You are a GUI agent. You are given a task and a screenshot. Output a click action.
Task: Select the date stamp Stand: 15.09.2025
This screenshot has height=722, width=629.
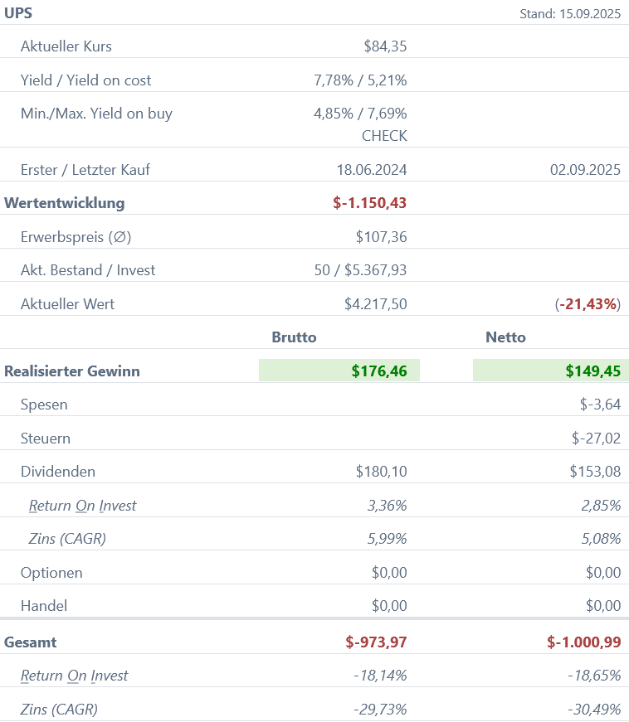click(570, 13)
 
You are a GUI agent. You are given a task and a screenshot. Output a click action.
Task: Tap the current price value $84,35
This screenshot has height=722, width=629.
click(385, 46)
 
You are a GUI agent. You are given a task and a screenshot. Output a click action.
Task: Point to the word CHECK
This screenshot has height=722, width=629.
click(384, 135)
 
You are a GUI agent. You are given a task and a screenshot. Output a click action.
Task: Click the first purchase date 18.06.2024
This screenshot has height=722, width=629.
click(372, 170)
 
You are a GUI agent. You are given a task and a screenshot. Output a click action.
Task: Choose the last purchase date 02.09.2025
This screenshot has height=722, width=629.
click(585, 170)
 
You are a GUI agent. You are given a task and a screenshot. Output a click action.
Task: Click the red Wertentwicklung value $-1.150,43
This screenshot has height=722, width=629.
click(369, 203)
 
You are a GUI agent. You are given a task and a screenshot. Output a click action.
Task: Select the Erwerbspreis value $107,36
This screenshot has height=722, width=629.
click(381, 237)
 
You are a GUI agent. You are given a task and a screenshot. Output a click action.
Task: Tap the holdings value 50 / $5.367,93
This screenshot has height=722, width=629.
click(360, 270)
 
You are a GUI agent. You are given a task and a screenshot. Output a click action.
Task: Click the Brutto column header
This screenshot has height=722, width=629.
click(294, 337)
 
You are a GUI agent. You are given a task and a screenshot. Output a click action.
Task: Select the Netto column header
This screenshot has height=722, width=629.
click(505, 337)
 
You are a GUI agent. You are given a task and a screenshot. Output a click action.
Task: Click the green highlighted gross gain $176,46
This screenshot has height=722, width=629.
click(379, 371)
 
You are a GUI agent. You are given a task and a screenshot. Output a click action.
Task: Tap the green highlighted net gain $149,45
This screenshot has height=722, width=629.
click(593, 371)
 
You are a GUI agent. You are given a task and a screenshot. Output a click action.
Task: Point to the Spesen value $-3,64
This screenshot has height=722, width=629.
click(600, 405)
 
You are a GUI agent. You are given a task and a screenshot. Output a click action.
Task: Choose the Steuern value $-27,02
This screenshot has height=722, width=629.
click(596, 439)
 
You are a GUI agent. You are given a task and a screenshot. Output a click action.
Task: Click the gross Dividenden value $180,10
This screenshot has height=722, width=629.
click(381, 472)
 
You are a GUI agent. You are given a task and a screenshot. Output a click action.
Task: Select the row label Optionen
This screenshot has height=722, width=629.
click(51, 573)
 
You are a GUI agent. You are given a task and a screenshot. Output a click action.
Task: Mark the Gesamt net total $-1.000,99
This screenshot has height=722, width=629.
click(584, 642)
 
